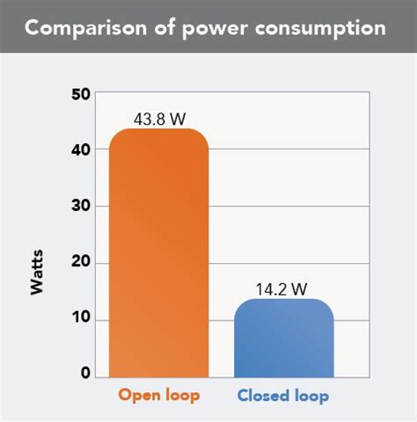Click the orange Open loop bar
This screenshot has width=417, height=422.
158,255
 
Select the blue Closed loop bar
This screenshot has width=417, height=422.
283,338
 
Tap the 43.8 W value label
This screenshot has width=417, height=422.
158,117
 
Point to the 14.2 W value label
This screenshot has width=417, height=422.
283,287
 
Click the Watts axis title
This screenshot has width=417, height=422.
37,273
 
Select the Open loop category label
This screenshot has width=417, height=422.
158,397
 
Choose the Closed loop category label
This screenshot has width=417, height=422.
283,397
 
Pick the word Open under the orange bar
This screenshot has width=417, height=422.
139,397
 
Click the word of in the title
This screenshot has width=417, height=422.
159,28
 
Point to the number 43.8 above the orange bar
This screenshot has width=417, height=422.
150,117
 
